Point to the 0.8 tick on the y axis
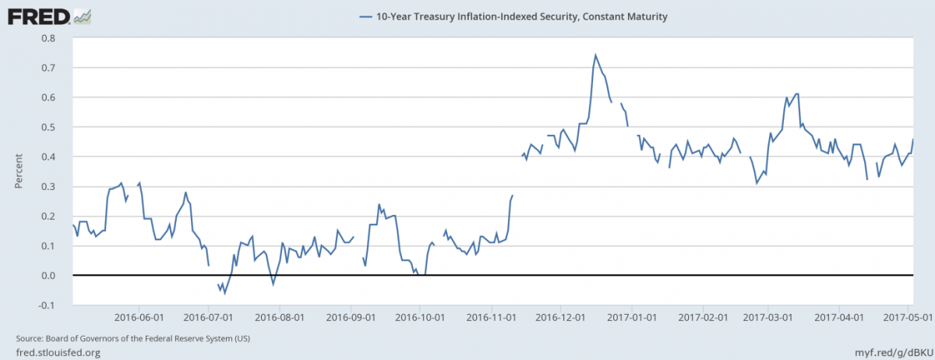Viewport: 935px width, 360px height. [x=49, y=38]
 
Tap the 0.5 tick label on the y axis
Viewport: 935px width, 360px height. [x=49, y=127]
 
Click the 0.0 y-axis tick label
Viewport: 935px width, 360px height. [x=49, y=276]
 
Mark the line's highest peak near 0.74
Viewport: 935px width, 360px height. [x=595, y=55]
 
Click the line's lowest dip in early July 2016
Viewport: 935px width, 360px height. [x=225, y=293]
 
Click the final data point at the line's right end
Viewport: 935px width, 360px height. [x=912, y=139]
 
